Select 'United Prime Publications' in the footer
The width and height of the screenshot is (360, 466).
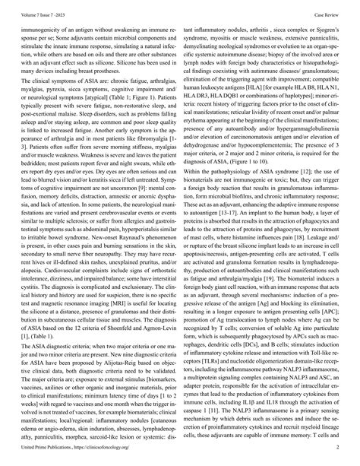coord(33,458)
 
